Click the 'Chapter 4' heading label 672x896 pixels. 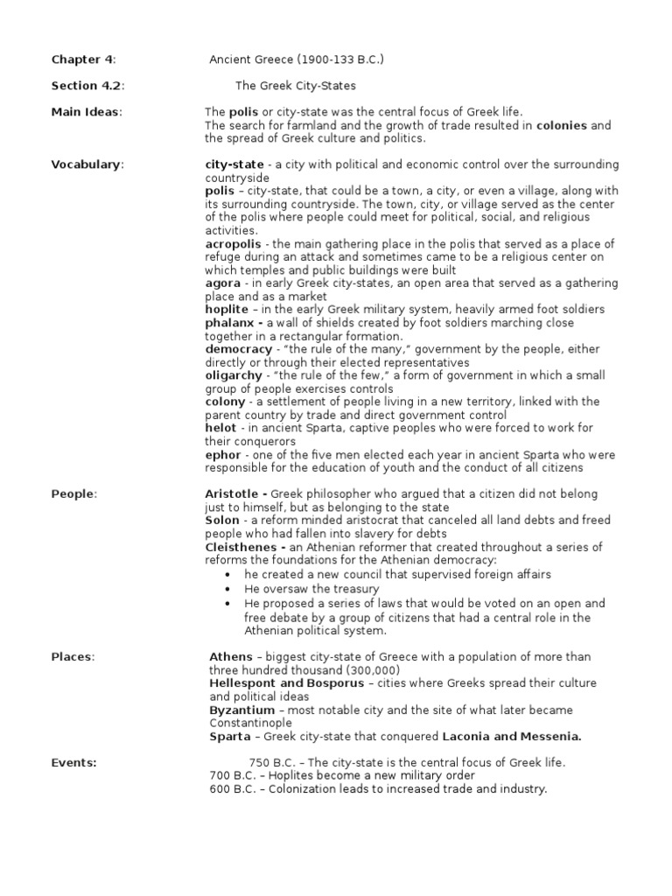pos(82,59)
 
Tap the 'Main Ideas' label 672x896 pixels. pos(86,112)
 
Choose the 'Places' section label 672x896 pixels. pos(73,656)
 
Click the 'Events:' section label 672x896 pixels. pos(74,762)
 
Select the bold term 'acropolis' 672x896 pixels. pos(231,243)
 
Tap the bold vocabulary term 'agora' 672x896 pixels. pos(221,283)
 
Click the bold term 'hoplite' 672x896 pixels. pos(226,309)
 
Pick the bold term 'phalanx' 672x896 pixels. pos(228,323)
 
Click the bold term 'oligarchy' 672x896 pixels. pos(233,375)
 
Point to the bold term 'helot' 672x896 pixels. pos(220,428)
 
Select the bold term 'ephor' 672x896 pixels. pos(222,454)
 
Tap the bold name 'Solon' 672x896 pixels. pos(222,520)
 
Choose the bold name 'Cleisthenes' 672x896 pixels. pos(240,547)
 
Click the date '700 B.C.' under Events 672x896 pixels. pos(234,775)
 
